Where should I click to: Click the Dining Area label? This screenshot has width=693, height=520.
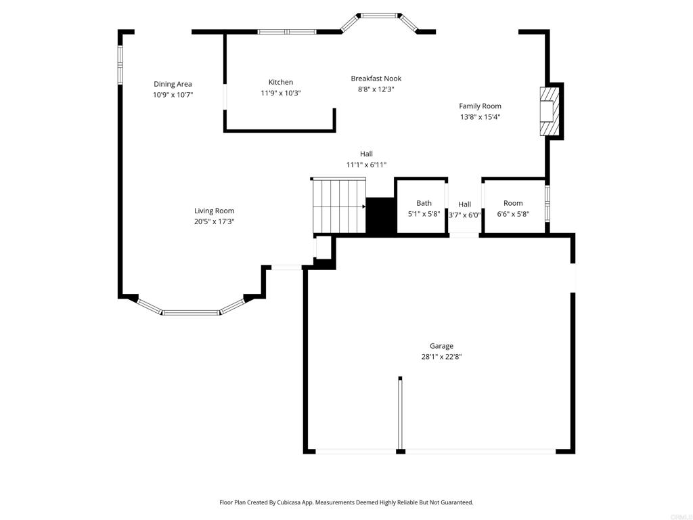coord(173,84)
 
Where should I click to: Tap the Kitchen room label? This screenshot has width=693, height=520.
coord(281,82)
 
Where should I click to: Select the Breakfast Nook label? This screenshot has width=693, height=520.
coord(376,79)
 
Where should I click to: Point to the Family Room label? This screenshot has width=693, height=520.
coord(480,106)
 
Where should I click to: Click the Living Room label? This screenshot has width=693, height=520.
coord(215,211)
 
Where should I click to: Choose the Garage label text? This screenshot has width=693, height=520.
coord(441,346)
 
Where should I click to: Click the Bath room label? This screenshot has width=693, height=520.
coord(424,203)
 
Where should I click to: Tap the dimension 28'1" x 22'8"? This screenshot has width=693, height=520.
coord(441,357)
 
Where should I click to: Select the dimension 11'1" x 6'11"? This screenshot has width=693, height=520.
coord(366,165)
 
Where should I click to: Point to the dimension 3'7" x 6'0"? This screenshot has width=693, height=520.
coord(464,215)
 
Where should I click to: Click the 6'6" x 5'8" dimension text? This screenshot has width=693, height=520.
coord(513,214)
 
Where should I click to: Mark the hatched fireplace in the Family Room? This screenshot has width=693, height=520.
coord(550,112)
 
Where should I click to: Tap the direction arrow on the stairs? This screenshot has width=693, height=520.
coord(363,207)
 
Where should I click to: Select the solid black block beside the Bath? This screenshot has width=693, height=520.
coord(380,216)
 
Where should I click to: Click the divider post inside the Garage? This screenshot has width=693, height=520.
coord(400,414)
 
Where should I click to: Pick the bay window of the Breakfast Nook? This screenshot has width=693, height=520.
coord(380,20)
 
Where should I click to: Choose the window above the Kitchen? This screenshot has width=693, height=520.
coord(287,32)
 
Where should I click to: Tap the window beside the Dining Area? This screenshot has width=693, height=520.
coord(120,65)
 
